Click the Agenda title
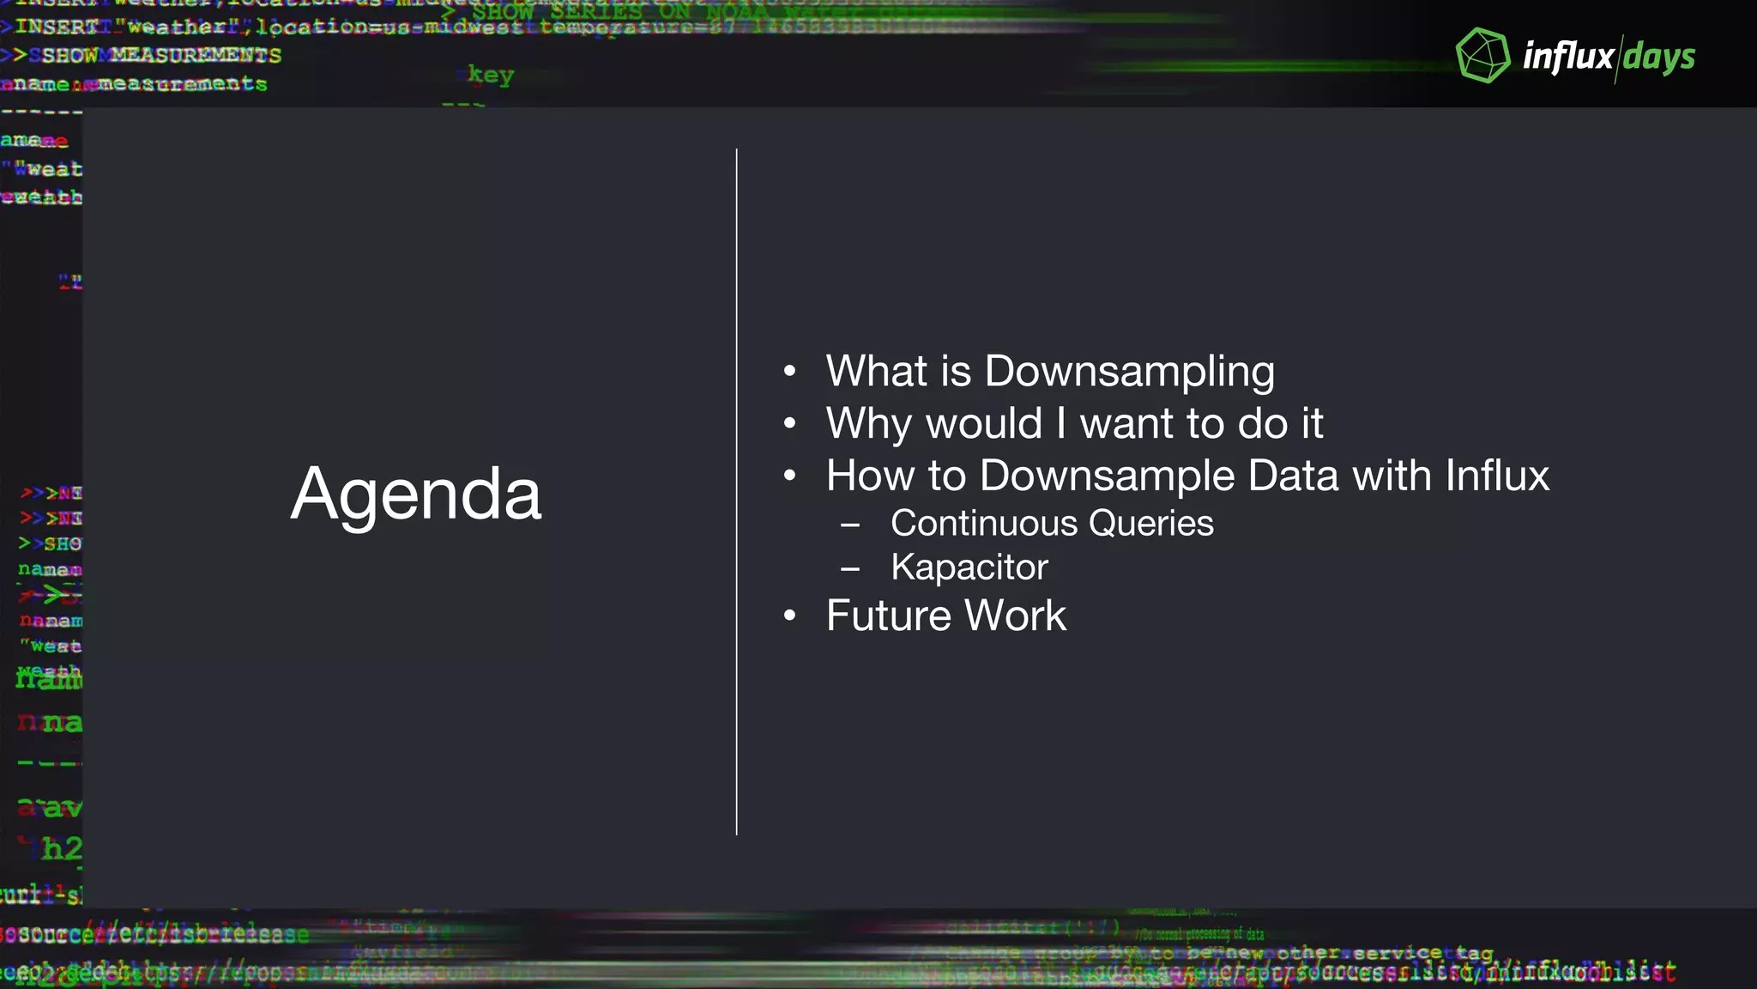click(x=416, y=494)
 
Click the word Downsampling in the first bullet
click(x=1129, y=372)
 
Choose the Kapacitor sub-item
click(x=969, y=567)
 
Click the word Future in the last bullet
click(x=889, y=616)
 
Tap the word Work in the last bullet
click(x=1016, y=616)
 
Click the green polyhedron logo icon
click(x=1482, y=56)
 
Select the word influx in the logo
click(x=1568, y=58)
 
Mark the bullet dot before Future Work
click(x=789, y=616)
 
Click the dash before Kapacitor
click(x=850, y=568)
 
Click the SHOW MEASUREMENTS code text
click(x=161, y=56)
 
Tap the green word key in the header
click(x=491, y=76)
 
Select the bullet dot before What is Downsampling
click(x=789, y=372)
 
